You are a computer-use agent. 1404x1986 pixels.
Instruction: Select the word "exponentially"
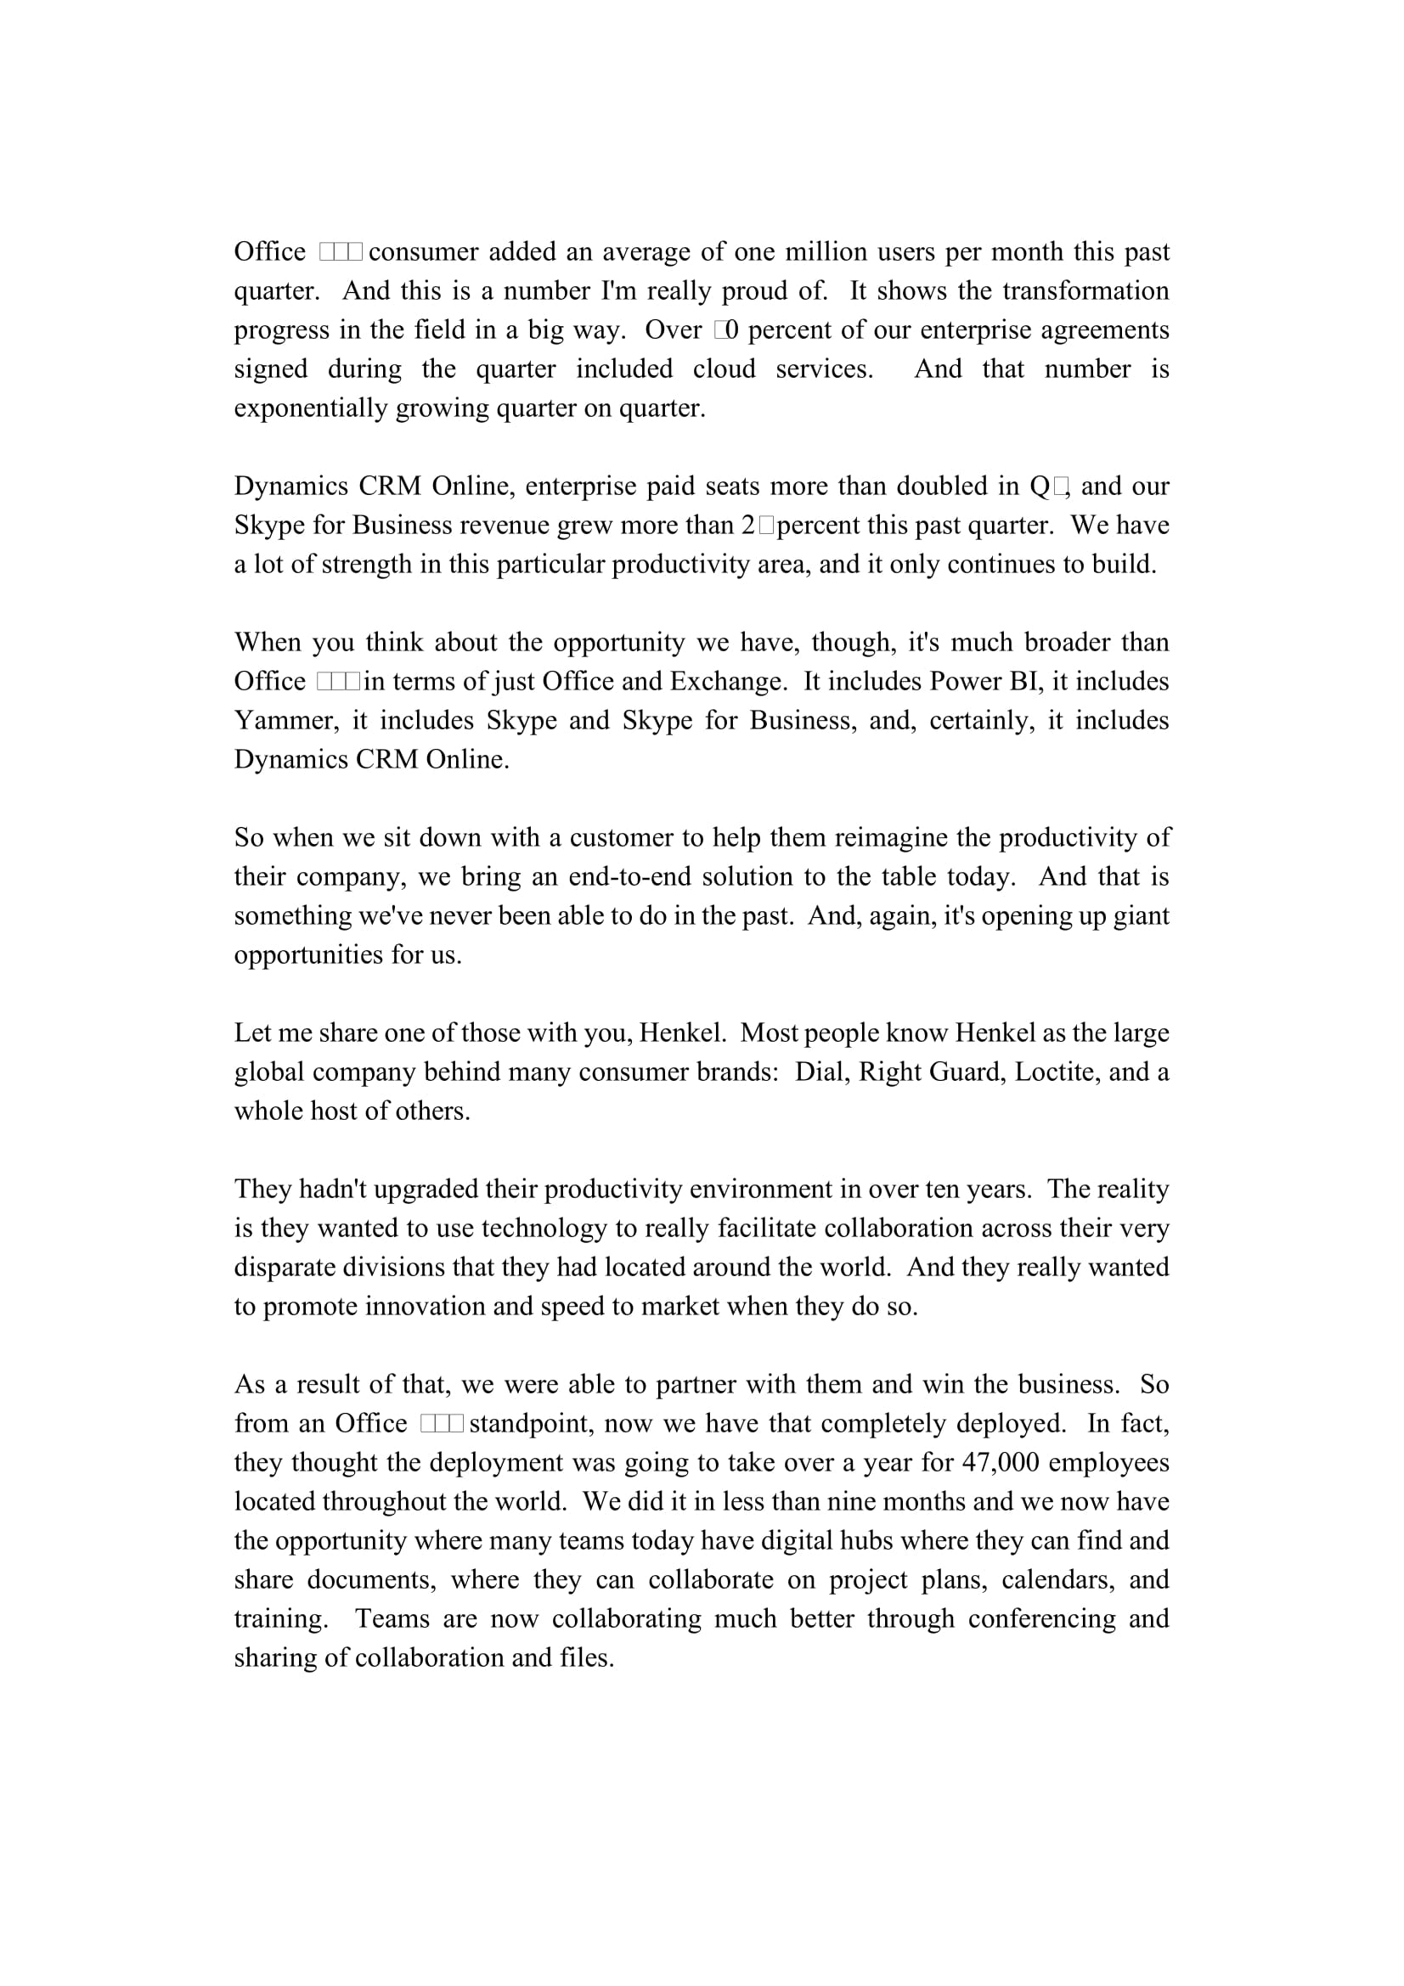point(311,408)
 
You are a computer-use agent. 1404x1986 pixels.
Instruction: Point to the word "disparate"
point(285,1267)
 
